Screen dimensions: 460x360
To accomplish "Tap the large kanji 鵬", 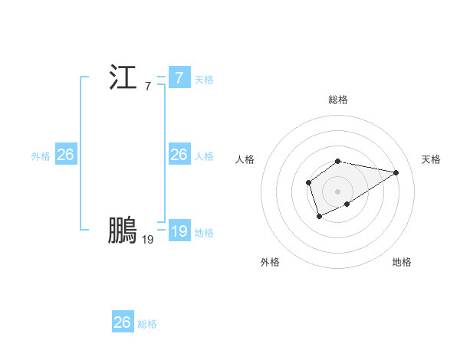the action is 123,231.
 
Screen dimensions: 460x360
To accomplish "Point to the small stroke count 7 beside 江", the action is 148,87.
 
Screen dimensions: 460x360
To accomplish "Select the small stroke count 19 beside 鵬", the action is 148,240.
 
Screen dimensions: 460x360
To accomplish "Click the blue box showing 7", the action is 179,78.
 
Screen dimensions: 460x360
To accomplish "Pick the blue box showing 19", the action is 179,231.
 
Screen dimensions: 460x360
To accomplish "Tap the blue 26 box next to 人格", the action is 179,155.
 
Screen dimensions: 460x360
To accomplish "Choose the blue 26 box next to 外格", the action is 65,155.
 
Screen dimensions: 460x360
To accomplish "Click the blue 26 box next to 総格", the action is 122,322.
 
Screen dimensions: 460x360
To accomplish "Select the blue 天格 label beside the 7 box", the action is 204,79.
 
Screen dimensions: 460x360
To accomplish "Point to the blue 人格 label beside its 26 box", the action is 204,155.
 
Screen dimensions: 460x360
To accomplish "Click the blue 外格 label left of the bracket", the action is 41,155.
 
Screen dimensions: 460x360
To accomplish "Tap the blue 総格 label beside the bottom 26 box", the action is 147,323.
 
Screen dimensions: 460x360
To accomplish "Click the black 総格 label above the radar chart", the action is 338,100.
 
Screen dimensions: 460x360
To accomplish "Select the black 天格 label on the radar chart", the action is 431,159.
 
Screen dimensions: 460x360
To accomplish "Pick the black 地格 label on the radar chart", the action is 402,262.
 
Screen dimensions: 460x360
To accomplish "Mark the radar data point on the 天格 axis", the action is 396,172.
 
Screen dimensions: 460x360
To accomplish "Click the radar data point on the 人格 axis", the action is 308,182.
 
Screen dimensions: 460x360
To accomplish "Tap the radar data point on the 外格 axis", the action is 320,218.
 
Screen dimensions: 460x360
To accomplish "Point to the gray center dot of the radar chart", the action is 338,191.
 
